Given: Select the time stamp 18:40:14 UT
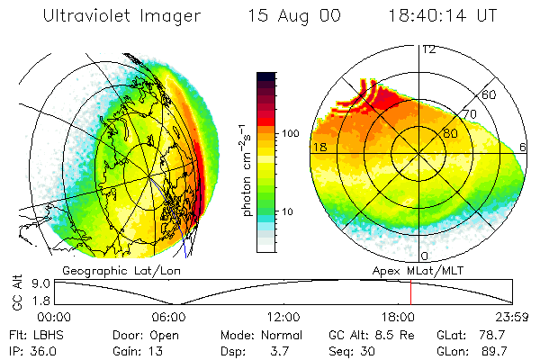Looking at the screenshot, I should (x=443, y=16).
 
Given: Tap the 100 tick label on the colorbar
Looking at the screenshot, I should (x=292, y=133).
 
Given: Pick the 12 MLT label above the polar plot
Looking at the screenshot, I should (x=429, y=49).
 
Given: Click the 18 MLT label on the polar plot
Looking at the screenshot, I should (x=319, y=147).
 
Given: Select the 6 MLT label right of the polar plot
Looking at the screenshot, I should (x=524, y=147).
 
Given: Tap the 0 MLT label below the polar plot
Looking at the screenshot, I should (x=425, y=256).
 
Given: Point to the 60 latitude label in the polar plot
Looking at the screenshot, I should (x=490, y=94).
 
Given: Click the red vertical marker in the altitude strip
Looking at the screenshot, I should (x=410, y=292).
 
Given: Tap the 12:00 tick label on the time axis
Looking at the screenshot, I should (x=284, y=317).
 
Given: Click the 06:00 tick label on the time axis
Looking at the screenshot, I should (x=169, y=317).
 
